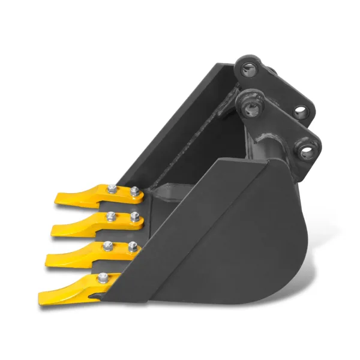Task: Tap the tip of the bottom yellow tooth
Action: point(41,298)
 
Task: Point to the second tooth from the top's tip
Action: point(53,232)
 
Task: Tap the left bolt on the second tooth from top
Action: point(110,215)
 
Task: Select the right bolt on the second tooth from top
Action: point(133,217)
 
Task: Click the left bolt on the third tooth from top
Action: point(108,245)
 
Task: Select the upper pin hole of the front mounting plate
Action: point(253,103)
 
